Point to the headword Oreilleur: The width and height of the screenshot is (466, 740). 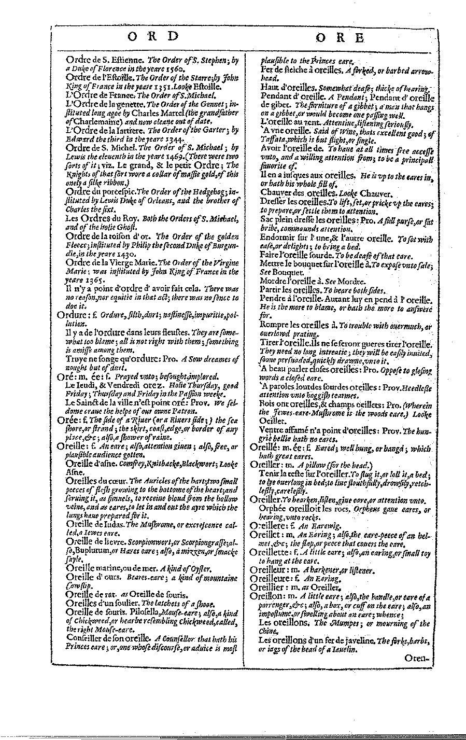click(269, 570)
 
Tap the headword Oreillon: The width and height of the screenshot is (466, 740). click(267, 596)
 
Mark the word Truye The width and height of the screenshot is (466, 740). click(76, 357)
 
